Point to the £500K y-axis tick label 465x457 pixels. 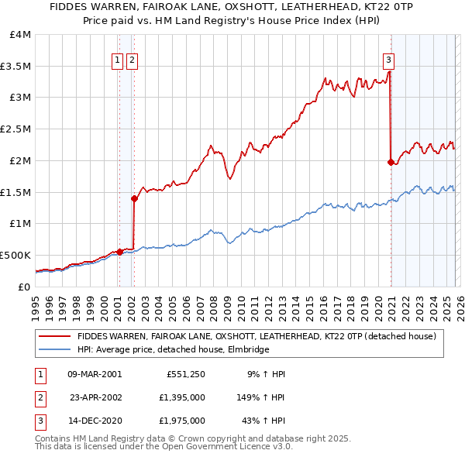[15, 255]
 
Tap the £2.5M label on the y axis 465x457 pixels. [15, 129]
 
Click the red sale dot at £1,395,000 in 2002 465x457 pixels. [134, 198]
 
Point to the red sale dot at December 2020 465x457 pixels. [390, 162]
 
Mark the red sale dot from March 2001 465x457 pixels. [119, 252]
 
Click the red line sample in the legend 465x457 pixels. [55, 337]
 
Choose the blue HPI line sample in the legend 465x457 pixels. [55, 350]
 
